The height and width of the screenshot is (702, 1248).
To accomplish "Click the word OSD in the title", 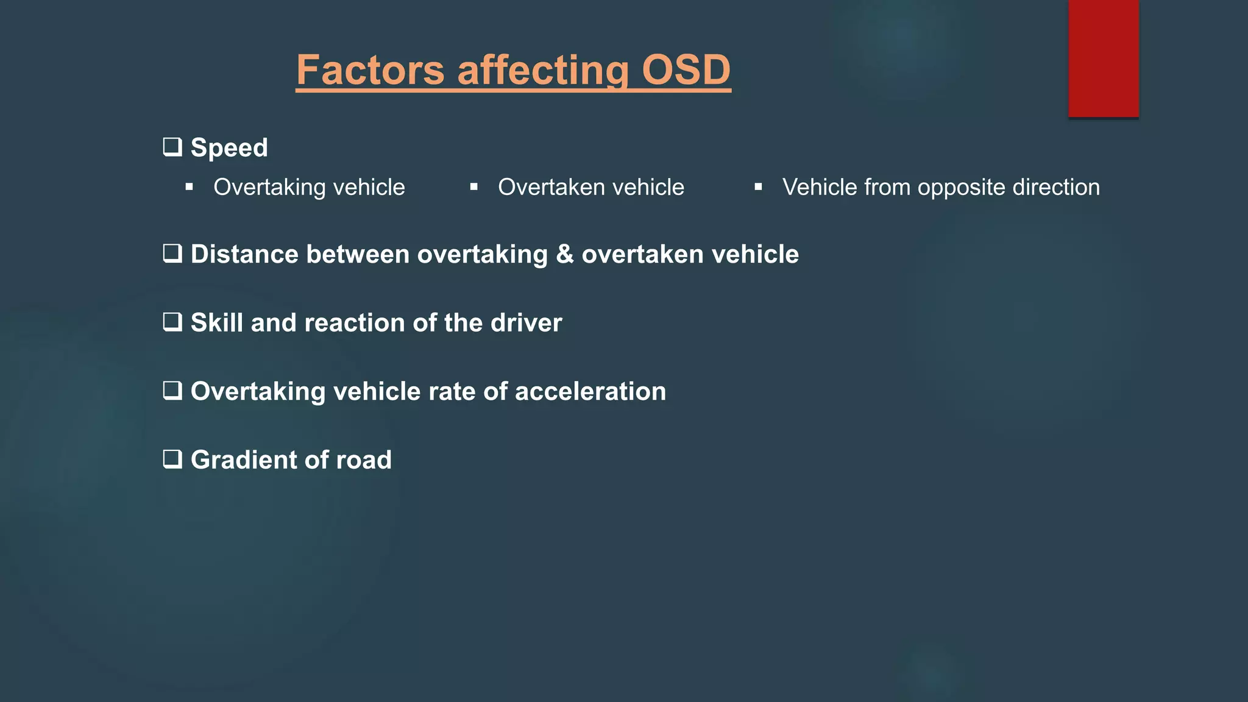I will (686, 70).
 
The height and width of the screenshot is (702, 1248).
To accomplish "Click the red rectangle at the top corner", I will (1103, 58).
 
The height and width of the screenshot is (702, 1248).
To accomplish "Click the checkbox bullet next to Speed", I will (172, 147).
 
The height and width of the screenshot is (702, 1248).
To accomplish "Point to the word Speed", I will (229, 148).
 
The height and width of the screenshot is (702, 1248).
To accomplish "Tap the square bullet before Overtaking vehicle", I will (190, 187).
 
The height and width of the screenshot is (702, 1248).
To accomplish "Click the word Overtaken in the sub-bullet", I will (551, 187).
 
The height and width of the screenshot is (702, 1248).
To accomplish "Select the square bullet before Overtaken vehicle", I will (474, 187).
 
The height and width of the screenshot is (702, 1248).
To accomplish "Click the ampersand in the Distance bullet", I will (565, 254).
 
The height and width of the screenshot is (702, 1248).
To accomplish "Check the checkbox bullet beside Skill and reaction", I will (172, 322).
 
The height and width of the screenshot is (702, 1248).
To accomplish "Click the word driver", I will (526, 322).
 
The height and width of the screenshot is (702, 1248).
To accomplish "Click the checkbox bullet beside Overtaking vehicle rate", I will (172, 391).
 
